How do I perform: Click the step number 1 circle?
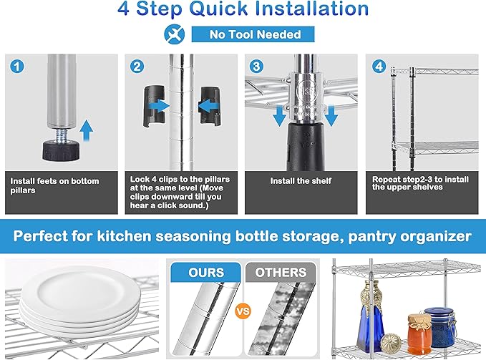(x=16, y=67)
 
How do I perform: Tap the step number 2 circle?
(x=137, y=67)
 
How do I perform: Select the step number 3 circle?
(x=257, y=67)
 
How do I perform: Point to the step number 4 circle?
(x=379, y=67)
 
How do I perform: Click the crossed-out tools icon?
(x=174, y=34)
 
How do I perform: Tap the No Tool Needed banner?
(x=253, y=34)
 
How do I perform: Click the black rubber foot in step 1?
(x=61, y=150)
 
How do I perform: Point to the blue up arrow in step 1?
(x=86, y=131)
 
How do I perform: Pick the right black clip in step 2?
(x=210, y=106)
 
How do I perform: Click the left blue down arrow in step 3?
(x=279, y=115)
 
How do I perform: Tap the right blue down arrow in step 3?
(x=331, y=115)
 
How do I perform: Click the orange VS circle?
(x=243, y=311)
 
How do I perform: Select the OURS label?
(x=206, y=272)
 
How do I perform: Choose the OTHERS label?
(x=281, y=272)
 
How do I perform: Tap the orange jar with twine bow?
(x=419, y=334)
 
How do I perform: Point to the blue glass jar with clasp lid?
(x=439, y=326)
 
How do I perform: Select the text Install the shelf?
(x=301, y=181)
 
